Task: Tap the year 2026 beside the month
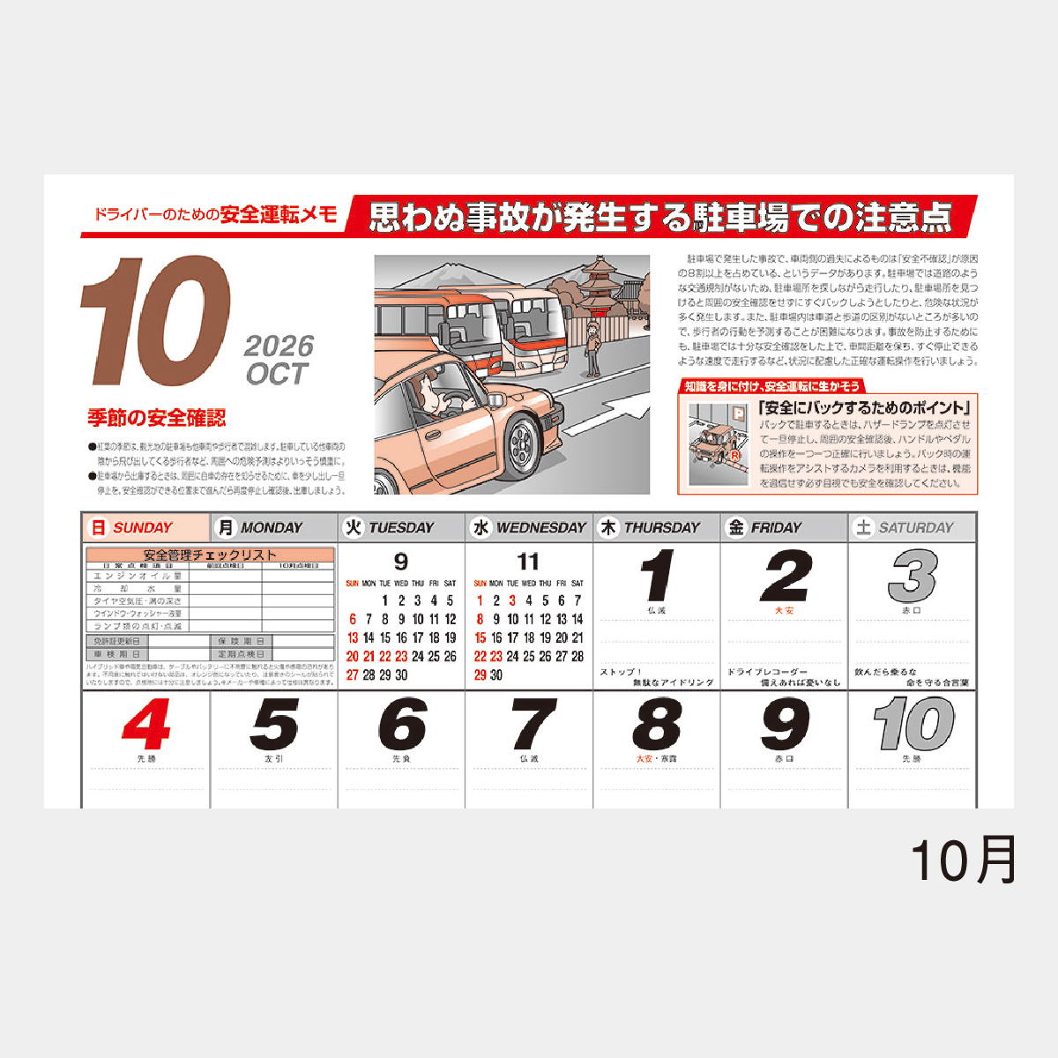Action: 279,346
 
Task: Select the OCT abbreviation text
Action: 277,375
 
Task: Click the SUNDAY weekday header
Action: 144,528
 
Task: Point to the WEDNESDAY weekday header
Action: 540,528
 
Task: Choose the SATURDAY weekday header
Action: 915,528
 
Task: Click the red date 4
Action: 146,725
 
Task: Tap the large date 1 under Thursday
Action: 657,577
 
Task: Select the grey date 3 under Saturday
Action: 912,577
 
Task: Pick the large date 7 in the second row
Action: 530,725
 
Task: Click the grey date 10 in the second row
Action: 913,725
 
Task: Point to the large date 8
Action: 657,725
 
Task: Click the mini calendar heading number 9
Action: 401,562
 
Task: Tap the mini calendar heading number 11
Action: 528,562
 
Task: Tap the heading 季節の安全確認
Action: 157,418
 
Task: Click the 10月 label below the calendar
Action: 964,860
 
